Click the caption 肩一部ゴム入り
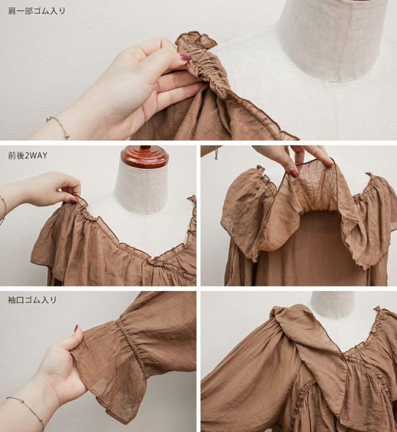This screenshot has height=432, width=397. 37,11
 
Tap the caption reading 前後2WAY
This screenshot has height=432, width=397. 28,155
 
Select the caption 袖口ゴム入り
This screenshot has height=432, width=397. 32,300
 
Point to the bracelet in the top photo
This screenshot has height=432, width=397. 59,127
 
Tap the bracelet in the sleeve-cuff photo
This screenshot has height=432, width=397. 26,411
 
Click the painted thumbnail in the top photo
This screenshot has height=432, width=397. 185,57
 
